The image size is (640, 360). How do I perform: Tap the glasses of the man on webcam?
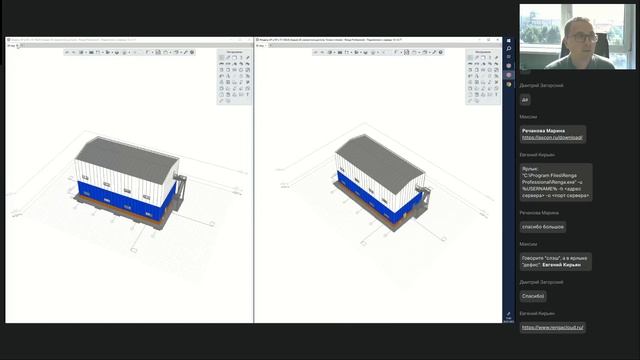click(585, 37)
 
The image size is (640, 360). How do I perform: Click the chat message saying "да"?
click(526, 99)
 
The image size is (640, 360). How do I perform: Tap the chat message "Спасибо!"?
click(533, 295)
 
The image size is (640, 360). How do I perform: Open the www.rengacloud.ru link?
click(553, 327)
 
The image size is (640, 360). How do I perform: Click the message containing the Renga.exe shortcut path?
click(556, 182)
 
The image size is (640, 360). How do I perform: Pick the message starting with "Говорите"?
click(556, 261)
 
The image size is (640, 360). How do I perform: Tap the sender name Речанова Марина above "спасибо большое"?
click(538, 212)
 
